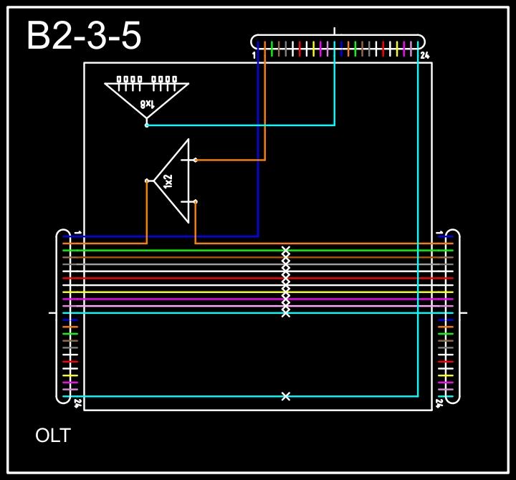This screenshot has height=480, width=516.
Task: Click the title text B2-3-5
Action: (84, 37)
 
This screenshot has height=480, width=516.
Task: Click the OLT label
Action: (53, 435)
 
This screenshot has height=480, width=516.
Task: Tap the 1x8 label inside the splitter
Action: (146, 105)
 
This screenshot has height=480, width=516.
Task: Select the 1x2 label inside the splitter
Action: (168, 181)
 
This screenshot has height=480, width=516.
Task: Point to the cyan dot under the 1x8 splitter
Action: (147, 125)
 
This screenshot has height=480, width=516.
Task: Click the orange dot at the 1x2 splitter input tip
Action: (147, 181)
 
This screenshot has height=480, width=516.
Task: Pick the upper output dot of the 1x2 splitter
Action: (196, 160)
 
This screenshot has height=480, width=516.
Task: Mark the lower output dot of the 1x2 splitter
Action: (196, 202)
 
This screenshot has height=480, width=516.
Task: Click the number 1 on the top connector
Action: (254, 55)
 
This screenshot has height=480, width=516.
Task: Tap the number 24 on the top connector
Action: (424, 55)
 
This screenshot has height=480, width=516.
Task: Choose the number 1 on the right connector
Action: (439, 233)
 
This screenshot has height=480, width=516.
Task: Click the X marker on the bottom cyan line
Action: (286, 396)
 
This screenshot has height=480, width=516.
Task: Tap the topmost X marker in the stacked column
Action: (286, 250)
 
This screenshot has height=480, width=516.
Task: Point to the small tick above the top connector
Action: (335, 31)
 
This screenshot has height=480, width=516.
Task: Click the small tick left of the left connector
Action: (52, 313)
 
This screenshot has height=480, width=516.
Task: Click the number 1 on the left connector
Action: (77, 233)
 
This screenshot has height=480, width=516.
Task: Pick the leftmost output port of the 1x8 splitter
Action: (120, 80)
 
